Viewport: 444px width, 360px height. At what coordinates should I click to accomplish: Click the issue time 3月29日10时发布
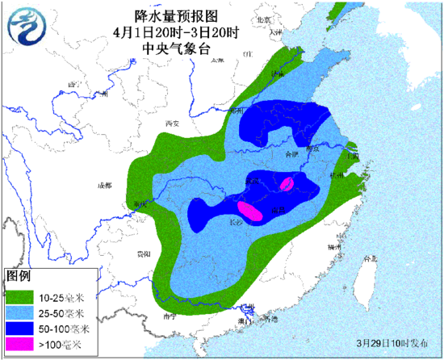point(388,341)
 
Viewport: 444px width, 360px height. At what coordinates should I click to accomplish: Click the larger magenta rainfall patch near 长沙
point(250,212)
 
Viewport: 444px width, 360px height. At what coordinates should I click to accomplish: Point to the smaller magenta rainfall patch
point(286,183)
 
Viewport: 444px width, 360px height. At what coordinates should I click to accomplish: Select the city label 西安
point(170,123)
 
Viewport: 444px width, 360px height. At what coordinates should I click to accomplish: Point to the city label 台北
point(371,258)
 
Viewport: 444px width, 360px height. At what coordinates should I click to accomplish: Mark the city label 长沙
point(236,219)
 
